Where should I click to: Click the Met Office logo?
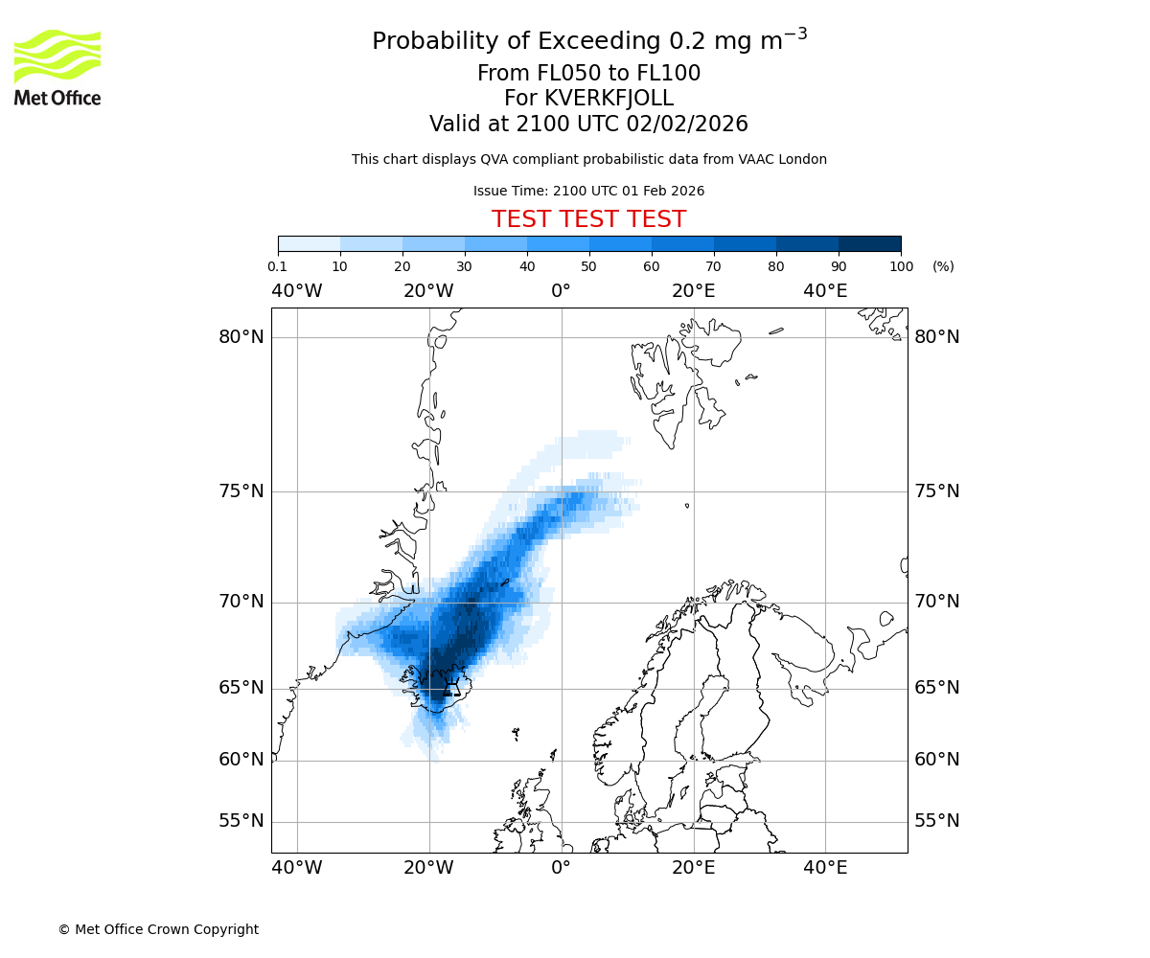(x=57, y=67)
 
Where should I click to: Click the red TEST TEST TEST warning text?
(x=588, y=219)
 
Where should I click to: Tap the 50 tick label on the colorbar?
(x=589, y=266)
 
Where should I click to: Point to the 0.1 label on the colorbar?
(x=278, y=266)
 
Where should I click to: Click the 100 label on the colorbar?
(x=901, y=266)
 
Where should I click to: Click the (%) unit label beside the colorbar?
(x=943, y=266)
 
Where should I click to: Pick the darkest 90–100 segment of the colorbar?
(x=869, y=243)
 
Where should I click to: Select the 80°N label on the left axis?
(x=241, y=337)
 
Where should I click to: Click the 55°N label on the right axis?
(x=937, y=821)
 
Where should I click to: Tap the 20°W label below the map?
(x=428, y=868)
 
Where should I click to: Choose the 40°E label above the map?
(x=825, y=291)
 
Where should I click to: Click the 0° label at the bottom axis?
(x=561, y=868)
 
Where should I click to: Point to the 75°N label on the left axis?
(x=241, y=491)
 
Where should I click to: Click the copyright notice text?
(x=158, y=929)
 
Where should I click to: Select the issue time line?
(x=588, y=191)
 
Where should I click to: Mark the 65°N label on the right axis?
(x=937, y=688)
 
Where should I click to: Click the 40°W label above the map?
(x=296, y=291)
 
